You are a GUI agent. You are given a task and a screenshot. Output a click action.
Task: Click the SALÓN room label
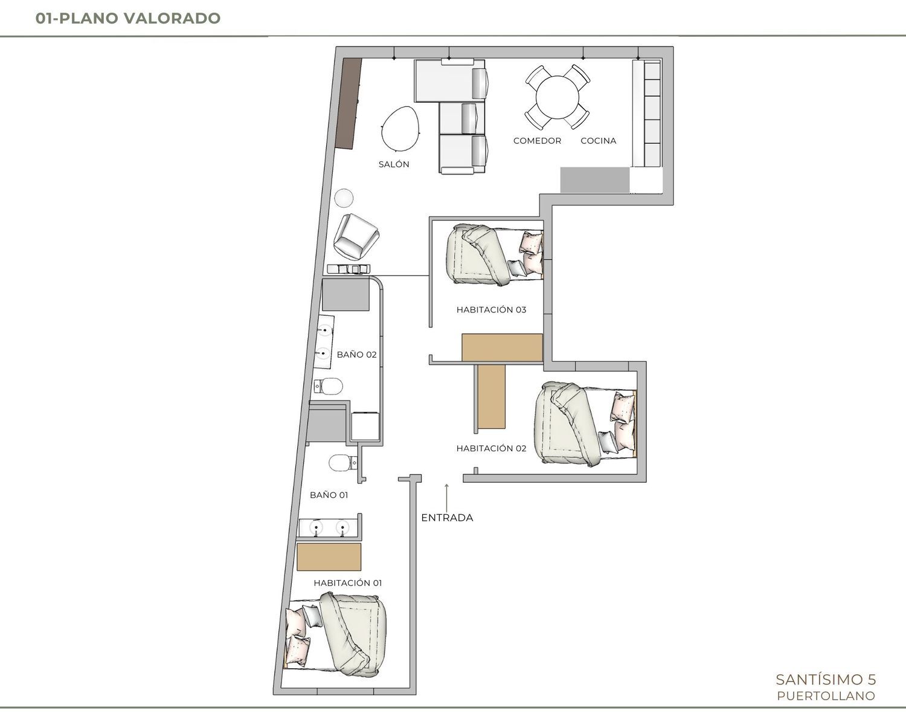[x=394, y=164]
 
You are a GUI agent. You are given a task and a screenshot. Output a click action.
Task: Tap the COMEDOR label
[x=537, y=141]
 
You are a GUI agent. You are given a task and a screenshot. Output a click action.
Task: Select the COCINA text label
[x=598, y=141]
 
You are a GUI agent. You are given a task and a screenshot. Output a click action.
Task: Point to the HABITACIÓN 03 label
[x=491, y=309]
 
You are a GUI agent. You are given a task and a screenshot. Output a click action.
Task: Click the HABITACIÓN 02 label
[x=491, y=448]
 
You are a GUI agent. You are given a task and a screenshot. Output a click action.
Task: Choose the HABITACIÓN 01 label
[x=348, y=583]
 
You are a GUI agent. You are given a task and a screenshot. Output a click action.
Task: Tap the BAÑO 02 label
[x=356, y=355]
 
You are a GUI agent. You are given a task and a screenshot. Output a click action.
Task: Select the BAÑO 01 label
[x=329, y=495]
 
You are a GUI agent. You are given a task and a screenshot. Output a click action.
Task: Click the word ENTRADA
[x=447, y=518]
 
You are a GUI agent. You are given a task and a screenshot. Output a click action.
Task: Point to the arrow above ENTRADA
[x=447, y=497]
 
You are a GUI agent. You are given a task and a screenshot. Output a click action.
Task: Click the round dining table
[x=557, y=97]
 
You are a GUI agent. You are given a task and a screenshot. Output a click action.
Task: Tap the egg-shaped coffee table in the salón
[x=400, y=128]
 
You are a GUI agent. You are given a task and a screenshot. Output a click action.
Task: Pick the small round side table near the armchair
[x=344, y=198]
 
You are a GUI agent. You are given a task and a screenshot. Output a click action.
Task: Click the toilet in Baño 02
[x=329, y=386]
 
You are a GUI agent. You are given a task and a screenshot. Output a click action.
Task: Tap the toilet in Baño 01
[x=342, y=463]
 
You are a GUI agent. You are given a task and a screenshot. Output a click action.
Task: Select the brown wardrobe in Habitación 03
[x=503, y=347]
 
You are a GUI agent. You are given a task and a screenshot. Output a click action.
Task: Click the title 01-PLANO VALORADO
[x=128, y=18]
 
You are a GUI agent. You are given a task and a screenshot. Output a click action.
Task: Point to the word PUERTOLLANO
[x=826, y=696]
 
